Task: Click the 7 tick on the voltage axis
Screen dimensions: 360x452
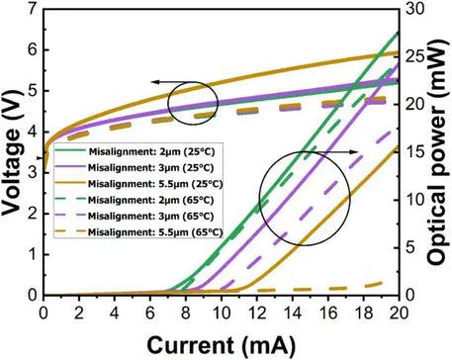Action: click(33, 9)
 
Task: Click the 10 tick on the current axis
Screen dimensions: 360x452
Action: click(221, 313)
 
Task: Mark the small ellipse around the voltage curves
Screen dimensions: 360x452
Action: click(192, 102)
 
